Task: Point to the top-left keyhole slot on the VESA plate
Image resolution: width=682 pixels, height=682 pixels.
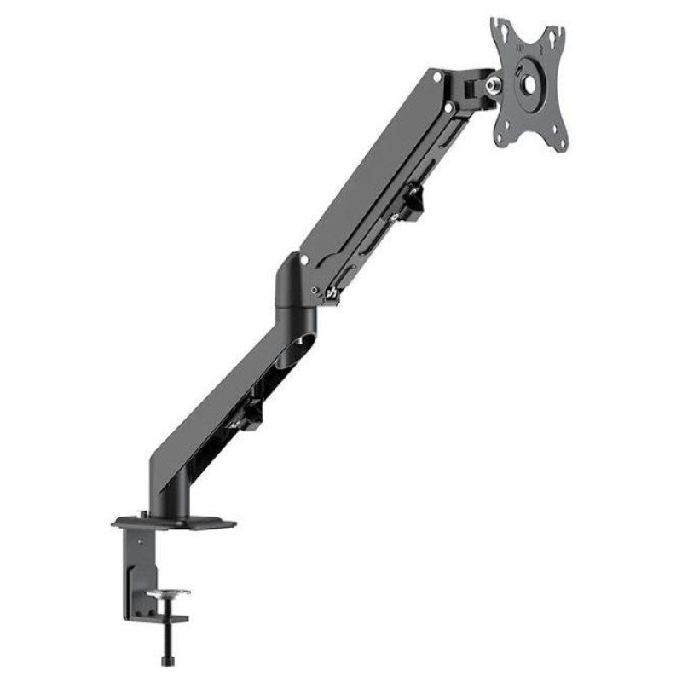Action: point(504,32)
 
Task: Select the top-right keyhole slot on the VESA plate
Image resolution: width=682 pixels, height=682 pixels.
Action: point(556,38)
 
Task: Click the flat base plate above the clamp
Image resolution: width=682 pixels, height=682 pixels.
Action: point(174,521)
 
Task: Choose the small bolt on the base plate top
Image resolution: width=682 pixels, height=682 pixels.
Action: point(142,515)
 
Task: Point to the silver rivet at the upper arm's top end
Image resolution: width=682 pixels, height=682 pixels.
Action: point(437,77)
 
